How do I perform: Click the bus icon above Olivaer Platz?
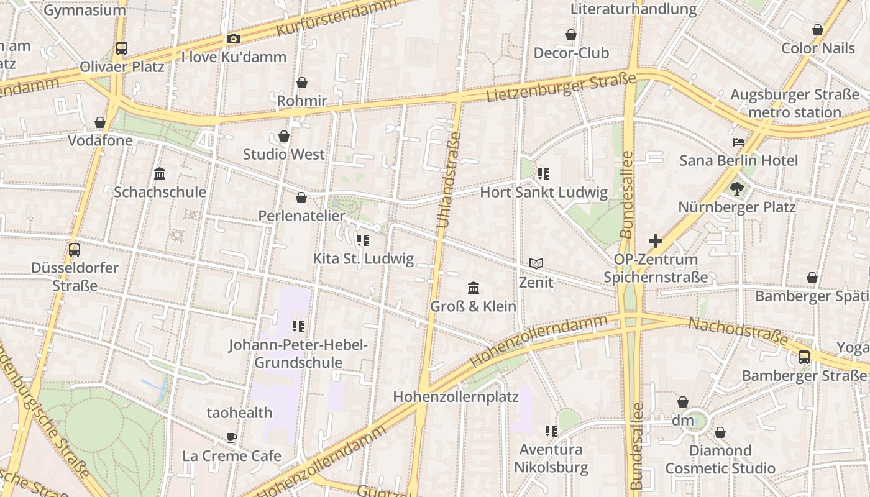122,48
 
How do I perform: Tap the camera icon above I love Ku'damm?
234,39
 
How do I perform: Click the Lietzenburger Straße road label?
561,88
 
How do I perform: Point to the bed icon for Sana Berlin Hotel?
739,142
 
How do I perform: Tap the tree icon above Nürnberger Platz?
737,188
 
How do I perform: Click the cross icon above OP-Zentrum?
656,241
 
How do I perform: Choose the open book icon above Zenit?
536,264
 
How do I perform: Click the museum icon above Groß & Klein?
474,288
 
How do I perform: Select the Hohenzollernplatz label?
456,396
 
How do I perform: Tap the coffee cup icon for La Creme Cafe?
232,437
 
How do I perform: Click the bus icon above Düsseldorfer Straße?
75,250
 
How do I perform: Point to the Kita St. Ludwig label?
363,258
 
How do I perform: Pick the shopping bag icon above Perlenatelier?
301,198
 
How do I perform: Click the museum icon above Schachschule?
160,173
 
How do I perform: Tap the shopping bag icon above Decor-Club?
571,35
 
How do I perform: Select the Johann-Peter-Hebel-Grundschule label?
298,353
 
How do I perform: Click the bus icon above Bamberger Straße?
804,357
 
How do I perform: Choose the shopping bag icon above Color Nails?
818,30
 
